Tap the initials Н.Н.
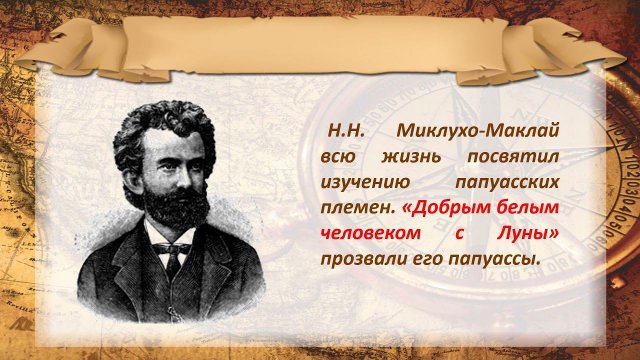pos(343,133)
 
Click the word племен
pos(356,210)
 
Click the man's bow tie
pos(173,247)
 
